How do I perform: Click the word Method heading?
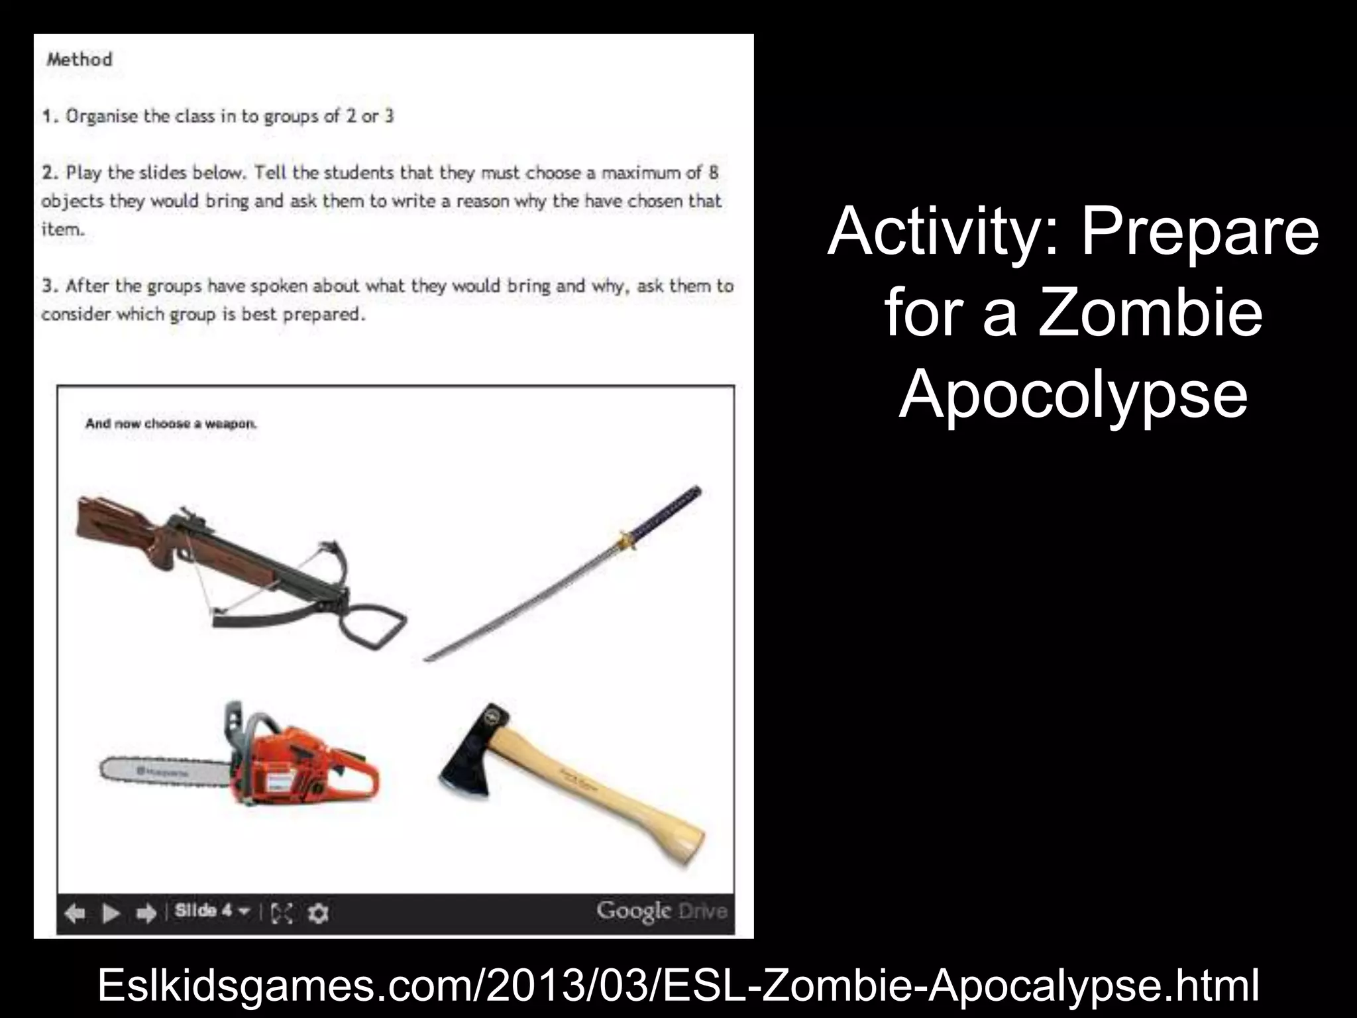click(x=79, y=60)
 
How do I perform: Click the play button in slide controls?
click(x=111, y=914)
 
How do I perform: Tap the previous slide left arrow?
click(x=75, y=914)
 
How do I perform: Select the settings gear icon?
click(x=319, y=914)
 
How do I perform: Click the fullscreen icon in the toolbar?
click(x=282, y=914)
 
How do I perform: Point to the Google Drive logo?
click(x=661, y=911)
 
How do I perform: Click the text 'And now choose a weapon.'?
click(x=171, y=424)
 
